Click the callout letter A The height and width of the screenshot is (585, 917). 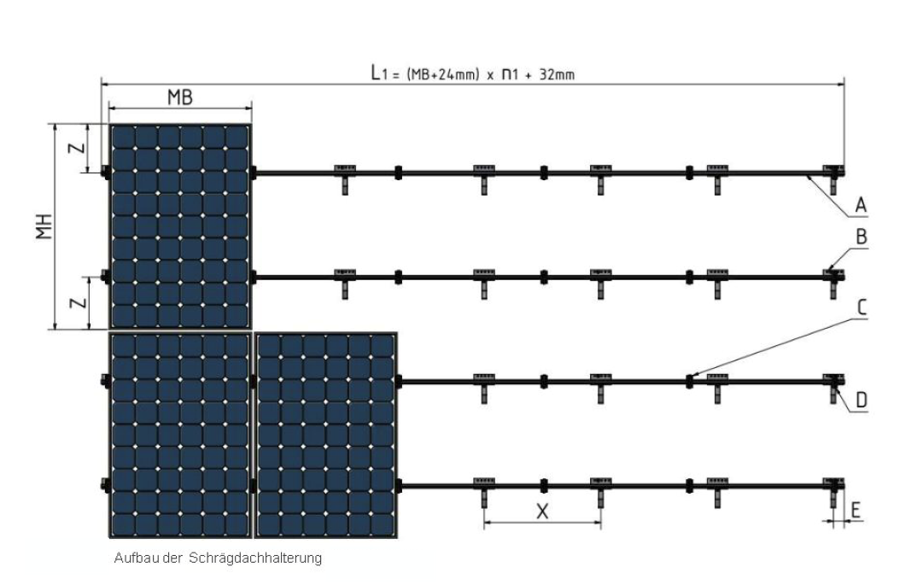click(x=861, y=205)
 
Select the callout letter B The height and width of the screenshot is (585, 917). click(x=862, y=237)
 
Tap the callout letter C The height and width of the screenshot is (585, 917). click(x=862, y=307)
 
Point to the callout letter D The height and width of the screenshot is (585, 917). click(x=862, y=401)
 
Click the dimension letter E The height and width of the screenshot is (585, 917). click(x=856, y=511)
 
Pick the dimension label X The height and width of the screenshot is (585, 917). click(x=543, y=512)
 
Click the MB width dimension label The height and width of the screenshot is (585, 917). click(x=180, y=97)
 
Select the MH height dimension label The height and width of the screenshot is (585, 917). click(x=44, y=226)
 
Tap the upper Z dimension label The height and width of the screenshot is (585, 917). click(x=78, y=148)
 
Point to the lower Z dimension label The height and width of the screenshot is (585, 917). click(x=78, y=303)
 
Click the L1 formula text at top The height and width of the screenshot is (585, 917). click(x=473, y=73)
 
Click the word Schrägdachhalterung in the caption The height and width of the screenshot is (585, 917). click(x=255, y=558)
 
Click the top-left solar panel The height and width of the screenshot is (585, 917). click(x=180, y=226)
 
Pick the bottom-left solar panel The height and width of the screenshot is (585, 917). click(x=180, y=436)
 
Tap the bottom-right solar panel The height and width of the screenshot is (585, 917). click(x=326, y=436)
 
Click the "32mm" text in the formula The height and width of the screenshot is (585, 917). click(x=558, y=74)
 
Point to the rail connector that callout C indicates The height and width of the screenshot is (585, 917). click(x=690, y=382)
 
